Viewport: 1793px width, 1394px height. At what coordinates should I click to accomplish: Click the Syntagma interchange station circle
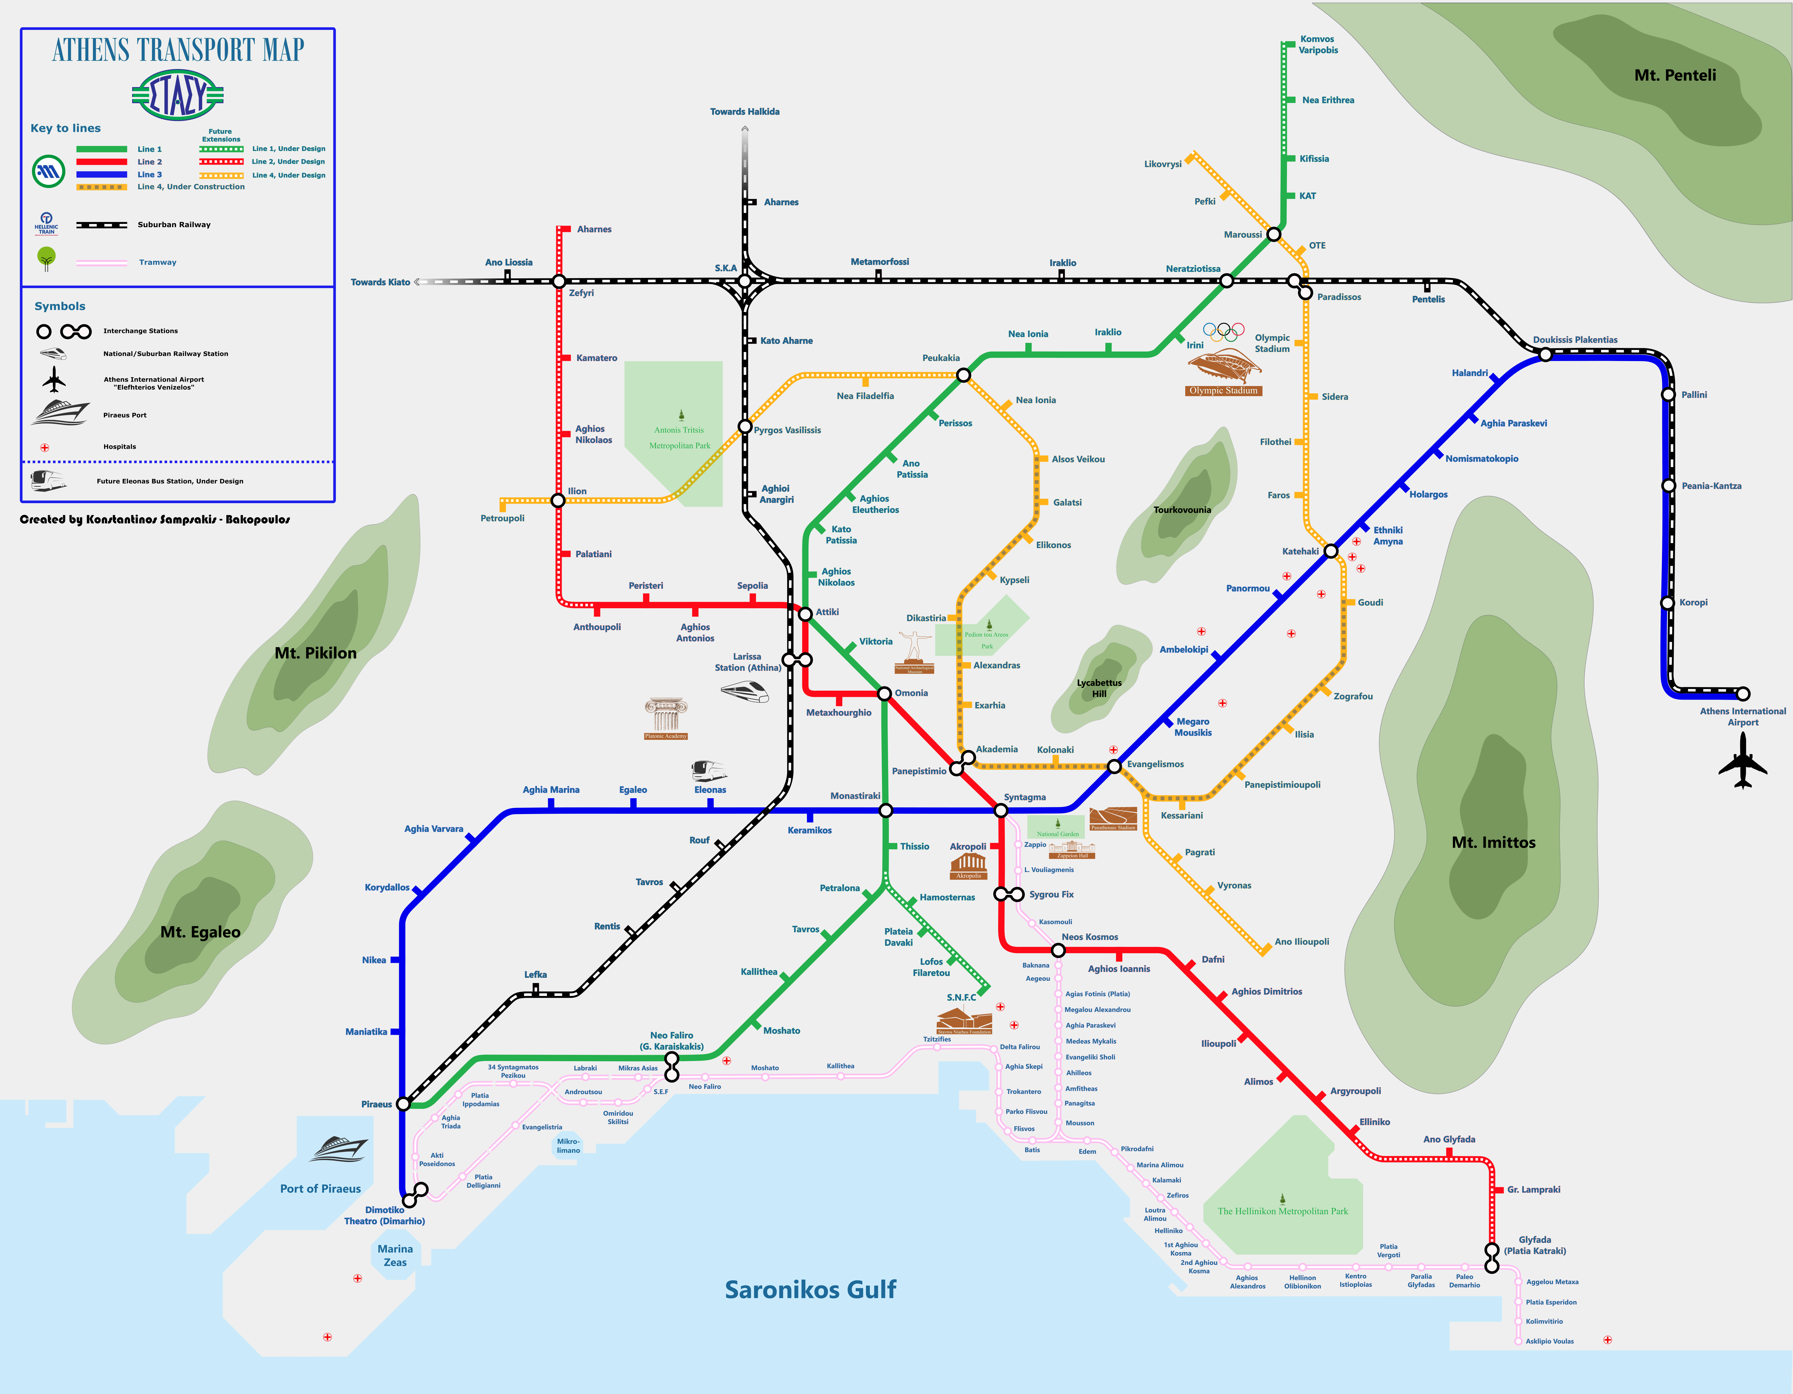point(1001,811)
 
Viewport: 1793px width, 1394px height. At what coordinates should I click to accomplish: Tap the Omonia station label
point(911,693)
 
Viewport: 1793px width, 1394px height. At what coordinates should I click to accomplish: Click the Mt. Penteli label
point(1675,75)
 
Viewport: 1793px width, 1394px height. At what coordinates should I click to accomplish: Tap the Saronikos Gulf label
point(810,1290)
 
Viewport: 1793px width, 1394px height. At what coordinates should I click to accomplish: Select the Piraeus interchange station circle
point(403,1104)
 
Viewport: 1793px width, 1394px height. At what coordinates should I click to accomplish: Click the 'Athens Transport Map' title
point(178,50)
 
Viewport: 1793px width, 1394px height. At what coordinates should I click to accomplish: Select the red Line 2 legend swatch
point(102,162)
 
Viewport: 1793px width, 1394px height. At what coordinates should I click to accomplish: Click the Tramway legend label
point(158,263)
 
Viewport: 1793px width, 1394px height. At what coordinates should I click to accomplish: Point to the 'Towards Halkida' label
point(745,112)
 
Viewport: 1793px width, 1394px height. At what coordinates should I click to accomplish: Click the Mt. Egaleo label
point(200,932)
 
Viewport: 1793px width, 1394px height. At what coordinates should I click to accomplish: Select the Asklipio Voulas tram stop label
point(1549,1341)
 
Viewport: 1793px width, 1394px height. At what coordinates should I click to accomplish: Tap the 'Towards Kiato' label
point(380,282)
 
